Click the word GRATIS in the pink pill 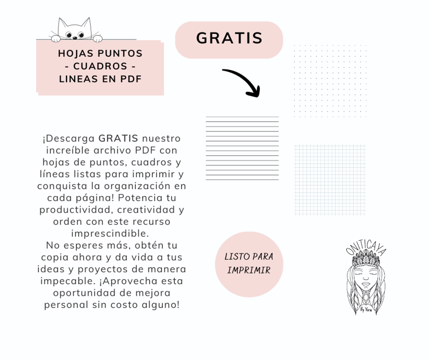(x=229, y=38)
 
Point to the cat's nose (x=75, y=38)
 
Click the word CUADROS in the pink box (x=100, y=66)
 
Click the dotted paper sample (x=330, y=81)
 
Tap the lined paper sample (x=242, y=148)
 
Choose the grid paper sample (x=330, y=180)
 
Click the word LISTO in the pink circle (x=236, y=257)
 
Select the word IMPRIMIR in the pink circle (x=249, y=270)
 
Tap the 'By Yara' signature (x=366, y=310)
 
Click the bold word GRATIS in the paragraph (x=118, y=139)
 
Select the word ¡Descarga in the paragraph (x=69, y=139)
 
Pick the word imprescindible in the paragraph (x=110, y=233)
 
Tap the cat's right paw (x=97, y=38)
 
